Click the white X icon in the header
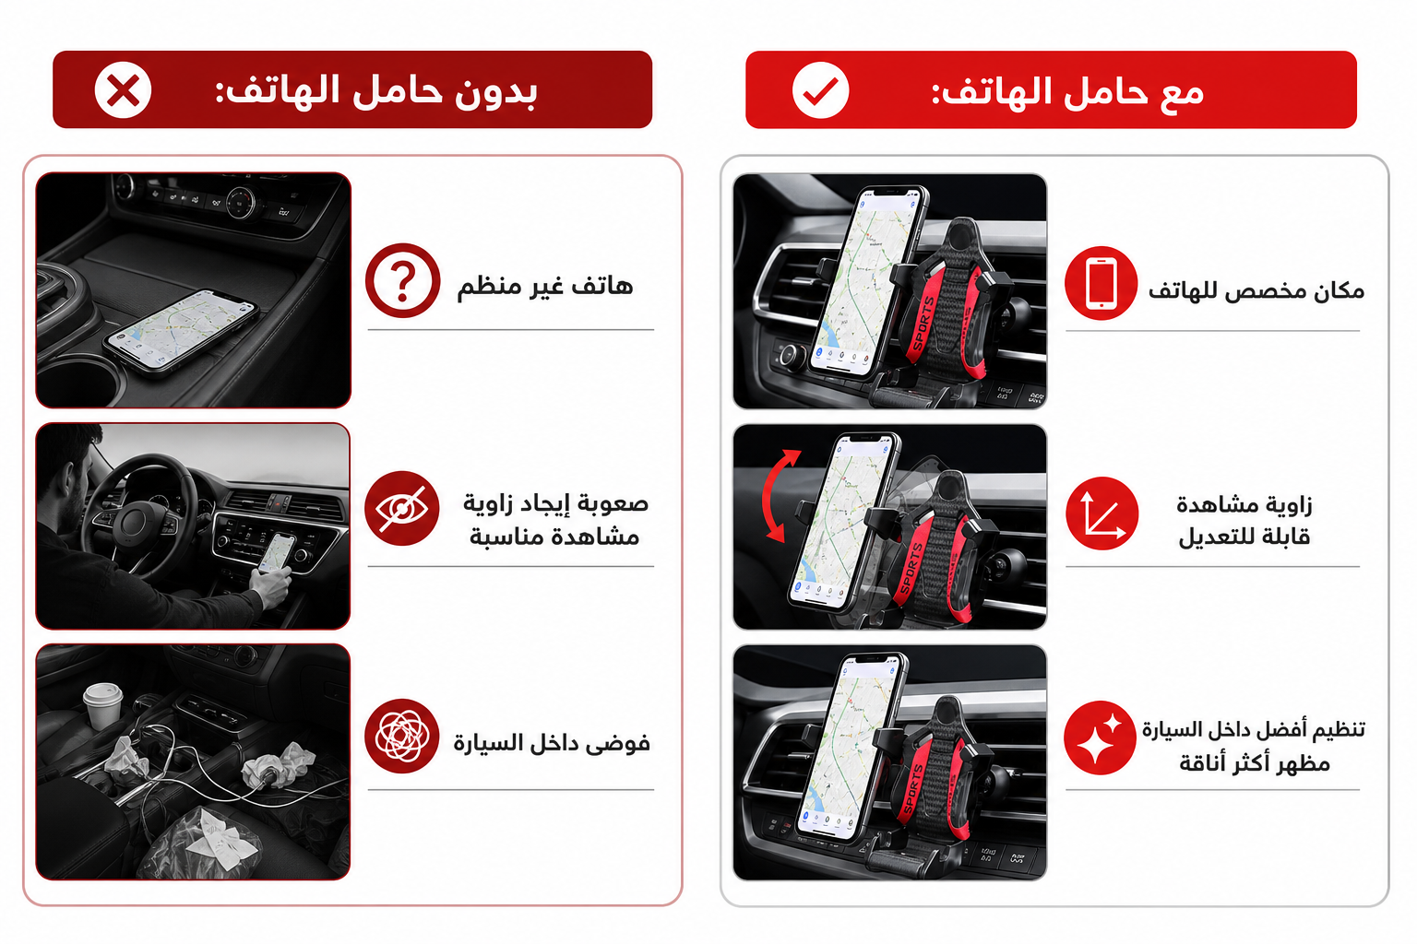point(123,90)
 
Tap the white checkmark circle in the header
point(820,90)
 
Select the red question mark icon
point(402,281)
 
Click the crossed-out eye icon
point(401,508)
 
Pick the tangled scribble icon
point(401,736)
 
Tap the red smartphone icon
point(1101,283)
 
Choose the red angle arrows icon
point(1102,513)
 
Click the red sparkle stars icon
point(1101,737)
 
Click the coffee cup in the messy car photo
point(103,705)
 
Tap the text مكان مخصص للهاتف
point(1256,290)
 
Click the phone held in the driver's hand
point(277,552)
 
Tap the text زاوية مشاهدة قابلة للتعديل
point(1244,520)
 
